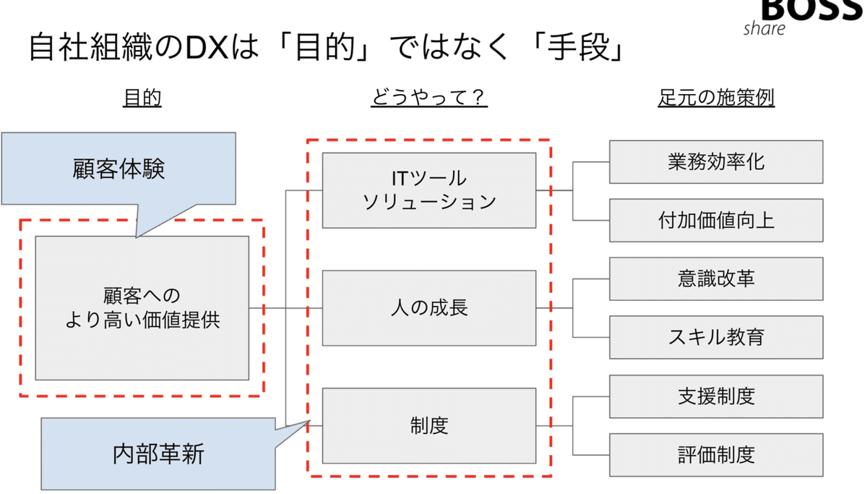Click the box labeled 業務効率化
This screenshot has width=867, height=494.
point(716,161)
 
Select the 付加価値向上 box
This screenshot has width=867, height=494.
point(716,220)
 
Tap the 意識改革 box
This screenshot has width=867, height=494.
point(716,278)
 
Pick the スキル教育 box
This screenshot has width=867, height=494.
point(716,337)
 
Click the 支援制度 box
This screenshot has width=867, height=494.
point(716,396)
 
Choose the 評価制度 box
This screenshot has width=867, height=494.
point(716,454)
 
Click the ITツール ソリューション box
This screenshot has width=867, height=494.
point(429,190)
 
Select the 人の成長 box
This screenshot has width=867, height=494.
point(429,307)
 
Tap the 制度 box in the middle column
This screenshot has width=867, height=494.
point(429,425)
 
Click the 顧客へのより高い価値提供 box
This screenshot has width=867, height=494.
point(142,308)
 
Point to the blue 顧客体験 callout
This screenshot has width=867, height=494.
point(119,169)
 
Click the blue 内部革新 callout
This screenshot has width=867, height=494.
point(158,453)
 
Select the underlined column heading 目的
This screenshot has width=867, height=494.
point(142,98)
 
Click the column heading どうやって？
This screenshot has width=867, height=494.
point(429,98)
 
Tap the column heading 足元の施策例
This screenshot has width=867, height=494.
point(716,98)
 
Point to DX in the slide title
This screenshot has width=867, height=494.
point(207,49)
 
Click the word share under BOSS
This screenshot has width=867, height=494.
point(764,29)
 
